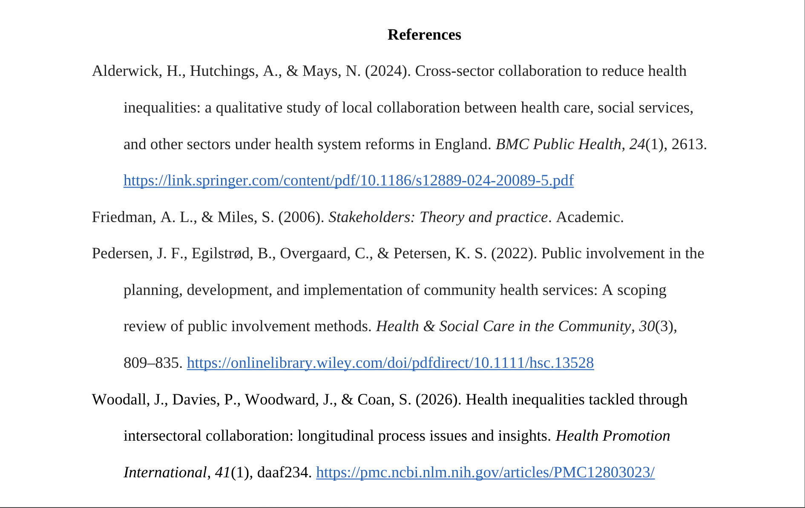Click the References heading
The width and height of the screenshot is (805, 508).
click(424, 35)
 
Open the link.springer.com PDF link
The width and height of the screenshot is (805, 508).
click(348, 180)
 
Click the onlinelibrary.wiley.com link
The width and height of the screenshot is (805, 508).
click(390, 363)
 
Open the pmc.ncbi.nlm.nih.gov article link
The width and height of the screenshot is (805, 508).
click(485, 472)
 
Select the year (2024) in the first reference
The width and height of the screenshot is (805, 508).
click(388, 71)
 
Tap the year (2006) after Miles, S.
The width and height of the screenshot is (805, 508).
click(301, 217)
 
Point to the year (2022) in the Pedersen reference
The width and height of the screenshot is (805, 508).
click(514, 253)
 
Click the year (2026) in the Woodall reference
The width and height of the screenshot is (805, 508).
click(438, 399)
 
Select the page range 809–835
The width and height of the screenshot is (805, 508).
click(152, 363)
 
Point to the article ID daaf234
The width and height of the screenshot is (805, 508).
click(284, 472)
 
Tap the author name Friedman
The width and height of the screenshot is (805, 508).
click(124, 217)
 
